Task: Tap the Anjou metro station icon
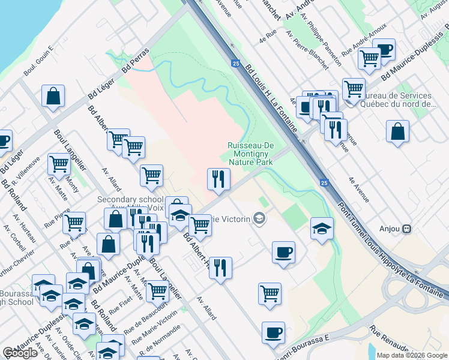coord(407,229)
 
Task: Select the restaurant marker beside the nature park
coord(218,179)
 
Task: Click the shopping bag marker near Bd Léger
coord(53,96)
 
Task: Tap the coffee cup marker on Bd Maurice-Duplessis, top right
coord(384,50)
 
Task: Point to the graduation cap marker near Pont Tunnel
coord(322,228)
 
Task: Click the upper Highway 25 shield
coord(235,62)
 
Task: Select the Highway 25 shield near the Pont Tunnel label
coord(324,182)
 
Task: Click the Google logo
coord(20,353)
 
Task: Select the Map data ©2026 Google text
coord(412,355)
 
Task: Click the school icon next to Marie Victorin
coord(259,218)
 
